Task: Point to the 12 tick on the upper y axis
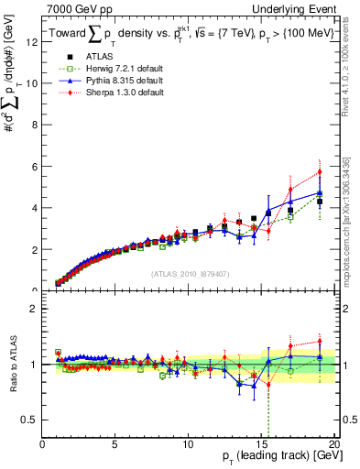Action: click(32, 41)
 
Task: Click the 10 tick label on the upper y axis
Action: click(32, 82)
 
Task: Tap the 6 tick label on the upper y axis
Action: click(35, 166)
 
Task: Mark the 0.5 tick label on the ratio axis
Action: click(31, 420)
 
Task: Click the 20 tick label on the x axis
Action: click(334, 444)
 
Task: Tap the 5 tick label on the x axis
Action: click(115, 444)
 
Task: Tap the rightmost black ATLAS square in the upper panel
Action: click(320, 201)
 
